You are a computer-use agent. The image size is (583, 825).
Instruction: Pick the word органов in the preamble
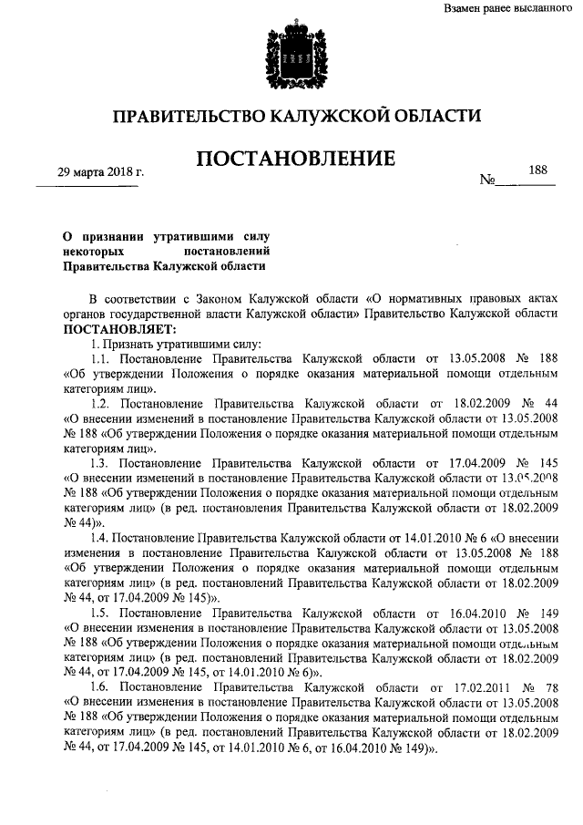click(88, 313)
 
